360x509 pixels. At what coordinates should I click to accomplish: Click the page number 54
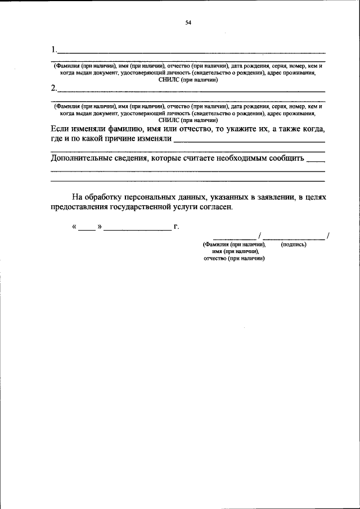click(188, 22)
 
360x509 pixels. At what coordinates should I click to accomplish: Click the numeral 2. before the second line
click(53, 88)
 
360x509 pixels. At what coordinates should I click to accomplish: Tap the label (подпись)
click(293, 245)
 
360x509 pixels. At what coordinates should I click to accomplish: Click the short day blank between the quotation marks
click(87, 228)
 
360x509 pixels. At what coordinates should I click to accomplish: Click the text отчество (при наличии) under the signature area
click(234, 258)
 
